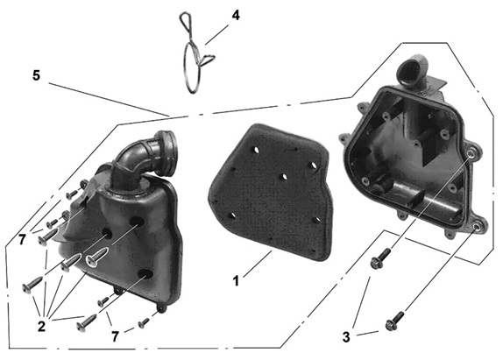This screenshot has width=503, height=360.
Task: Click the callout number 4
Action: click(x=236, y=16)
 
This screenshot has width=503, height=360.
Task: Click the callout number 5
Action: click(x=37, y=75)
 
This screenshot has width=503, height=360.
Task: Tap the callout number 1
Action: click(x=236, y=281)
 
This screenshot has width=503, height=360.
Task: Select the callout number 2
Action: click(x=41, y=327)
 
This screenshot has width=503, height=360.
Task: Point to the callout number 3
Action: click(x=346, y=337)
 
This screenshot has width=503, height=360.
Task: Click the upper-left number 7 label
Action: click(x=22, y=239)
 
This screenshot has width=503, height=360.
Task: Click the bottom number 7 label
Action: click(x=115, y=336)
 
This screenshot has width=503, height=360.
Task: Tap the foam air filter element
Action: click(x=271, y=192)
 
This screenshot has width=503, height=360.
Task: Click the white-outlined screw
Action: click(x=97, y=256)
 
